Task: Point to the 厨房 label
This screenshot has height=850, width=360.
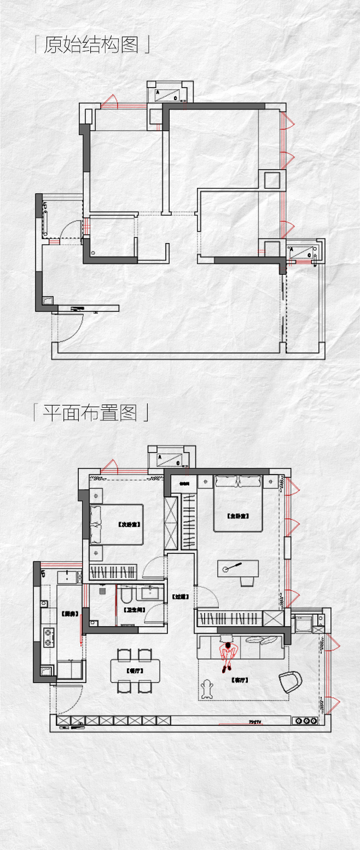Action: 68,614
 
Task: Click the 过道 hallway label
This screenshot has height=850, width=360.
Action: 179,597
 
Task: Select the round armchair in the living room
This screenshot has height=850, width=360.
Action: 291,681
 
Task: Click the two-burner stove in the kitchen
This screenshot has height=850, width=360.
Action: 50,635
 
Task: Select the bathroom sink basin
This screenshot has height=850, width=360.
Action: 150,592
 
